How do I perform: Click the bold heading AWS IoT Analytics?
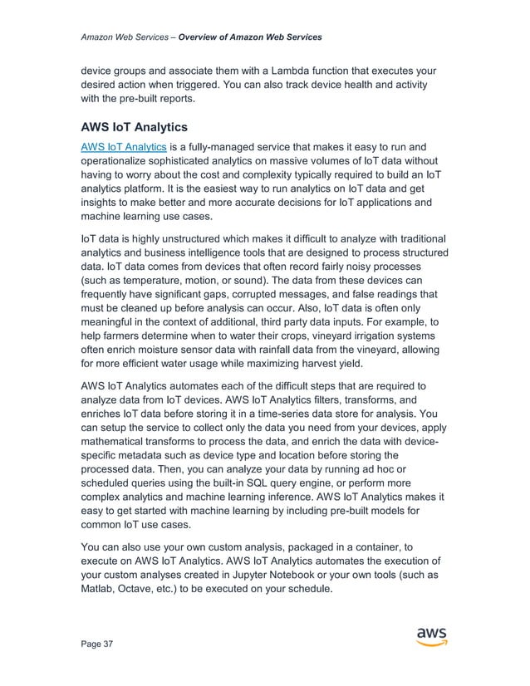(x=134, y=129)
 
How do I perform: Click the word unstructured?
(x=182, y=239)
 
